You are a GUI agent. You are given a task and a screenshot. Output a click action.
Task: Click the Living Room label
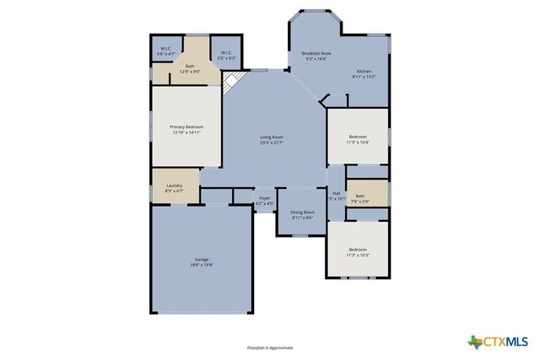pos(271,137)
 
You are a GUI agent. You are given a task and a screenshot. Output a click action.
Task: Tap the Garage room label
pos(202,259)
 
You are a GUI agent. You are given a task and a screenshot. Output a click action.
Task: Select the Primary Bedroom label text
pos(186,126)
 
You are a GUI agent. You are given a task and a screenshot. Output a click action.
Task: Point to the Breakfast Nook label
pos(317,53)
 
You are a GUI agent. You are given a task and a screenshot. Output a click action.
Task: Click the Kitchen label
pos(364,71)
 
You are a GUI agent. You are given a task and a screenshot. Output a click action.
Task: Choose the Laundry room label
pos(175,185)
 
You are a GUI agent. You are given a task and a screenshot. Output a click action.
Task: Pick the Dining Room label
pos(303,212)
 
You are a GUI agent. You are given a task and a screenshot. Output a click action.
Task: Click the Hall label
pos(337,193)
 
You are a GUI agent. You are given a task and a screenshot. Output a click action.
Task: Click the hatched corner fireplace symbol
pos(231,82)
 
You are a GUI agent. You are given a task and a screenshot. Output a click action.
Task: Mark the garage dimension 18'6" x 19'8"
pos(202,264)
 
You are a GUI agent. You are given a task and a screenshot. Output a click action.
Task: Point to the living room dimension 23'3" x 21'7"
pos(271,142)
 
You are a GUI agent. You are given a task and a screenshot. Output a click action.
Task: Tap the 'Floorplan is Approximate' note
pos(270,347)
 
